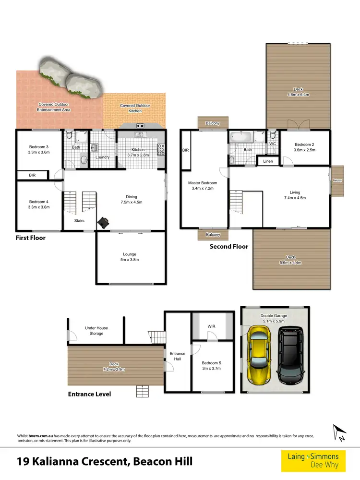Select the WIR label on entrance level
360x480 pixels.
211,327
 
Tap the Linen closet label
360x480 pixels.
268,161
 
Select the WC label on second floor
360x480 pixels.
272,143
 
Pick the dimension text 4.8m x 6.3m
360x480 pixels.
298,95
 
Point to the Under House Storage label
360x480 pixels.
96,331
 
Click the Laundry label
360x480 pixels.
103,157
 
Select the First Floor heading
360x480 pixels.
31,238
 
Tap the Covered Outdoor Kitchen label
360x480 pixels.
135,108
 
